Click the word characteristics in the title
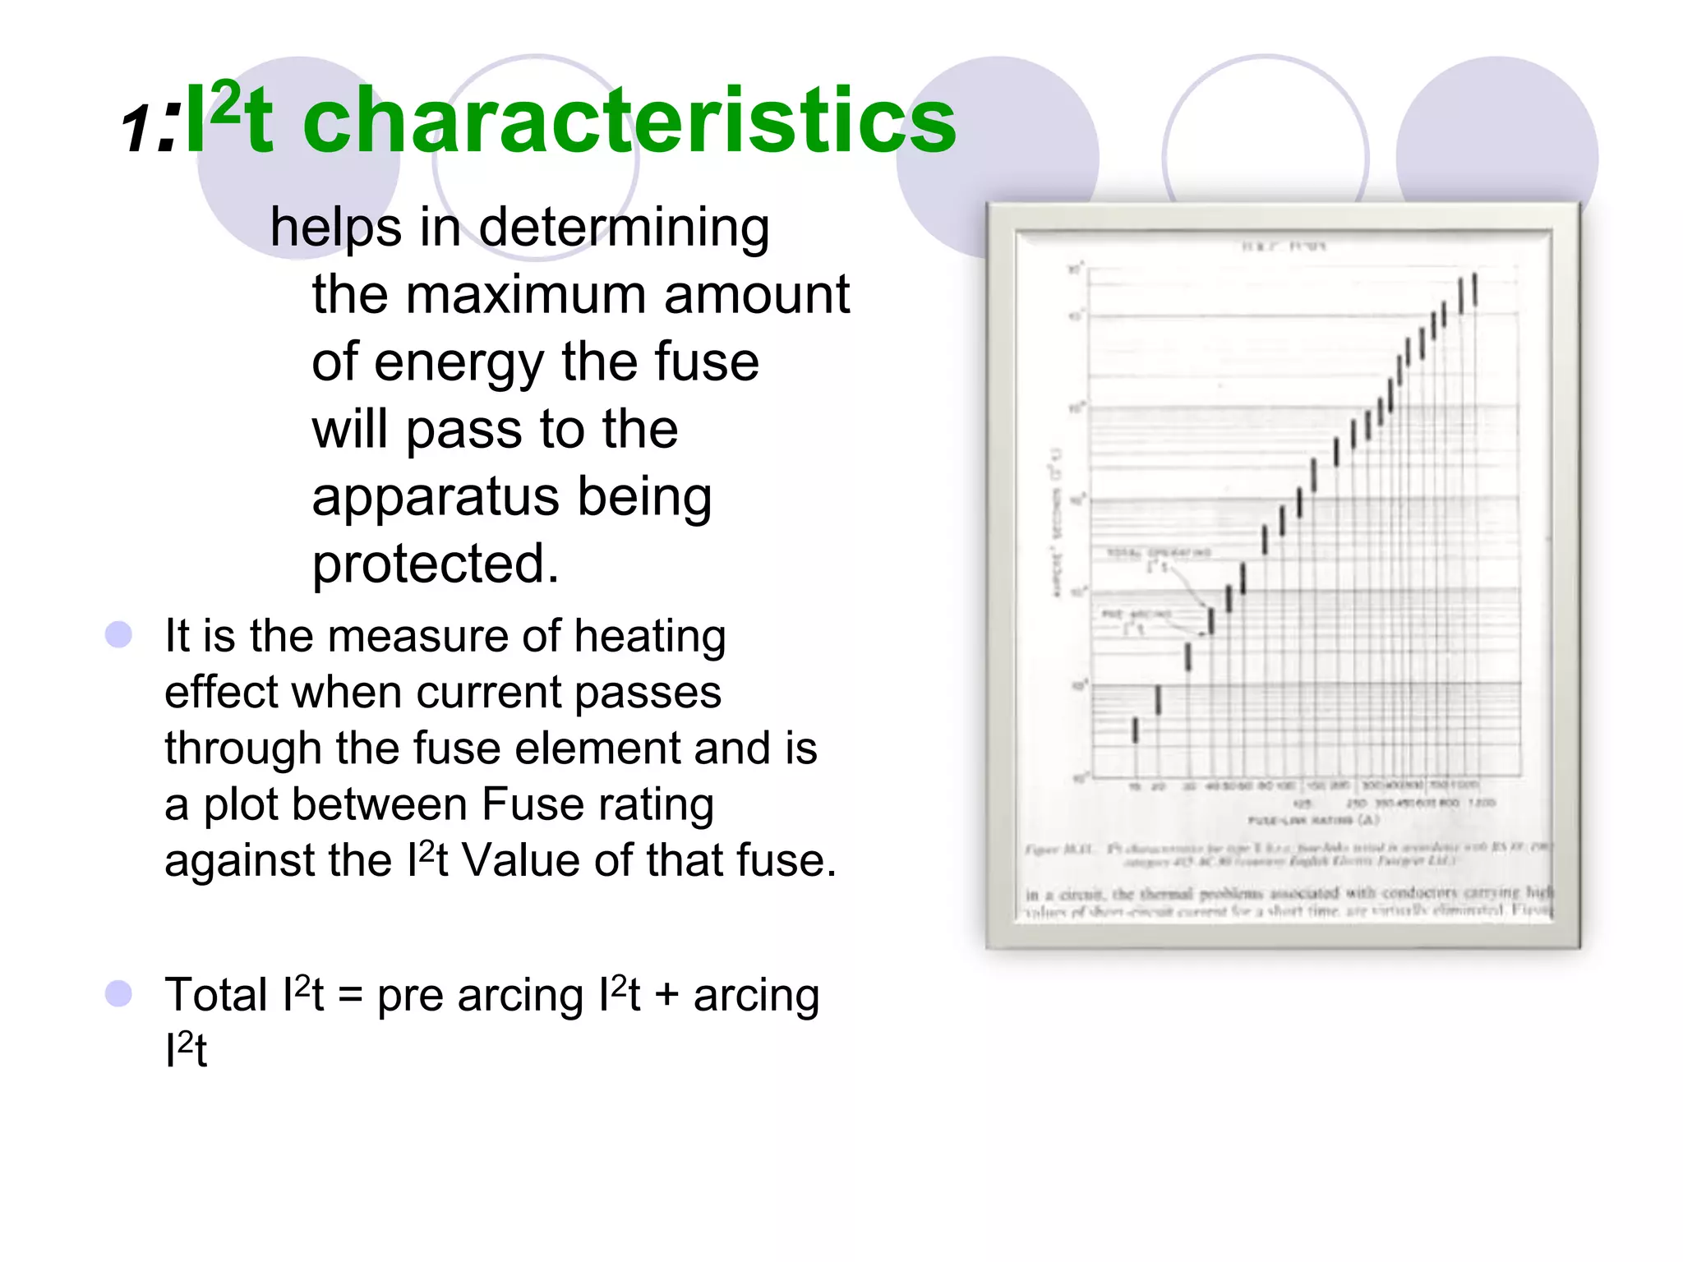pos(629,122)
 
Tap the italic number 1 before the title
pos(136,130)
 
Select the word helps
pos(335,227)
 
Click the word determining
pos(624,228)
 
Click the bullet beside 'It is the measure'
pos(119,634)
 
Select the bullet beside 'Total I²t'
pos(119,993)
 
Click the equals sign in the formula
pos(350,997)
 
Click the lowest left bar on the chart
pos(1136,730)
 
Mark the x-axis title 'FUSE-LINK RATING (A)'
pos(1313,820)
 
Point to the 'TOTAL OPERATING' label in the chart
pos(1158,552)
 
